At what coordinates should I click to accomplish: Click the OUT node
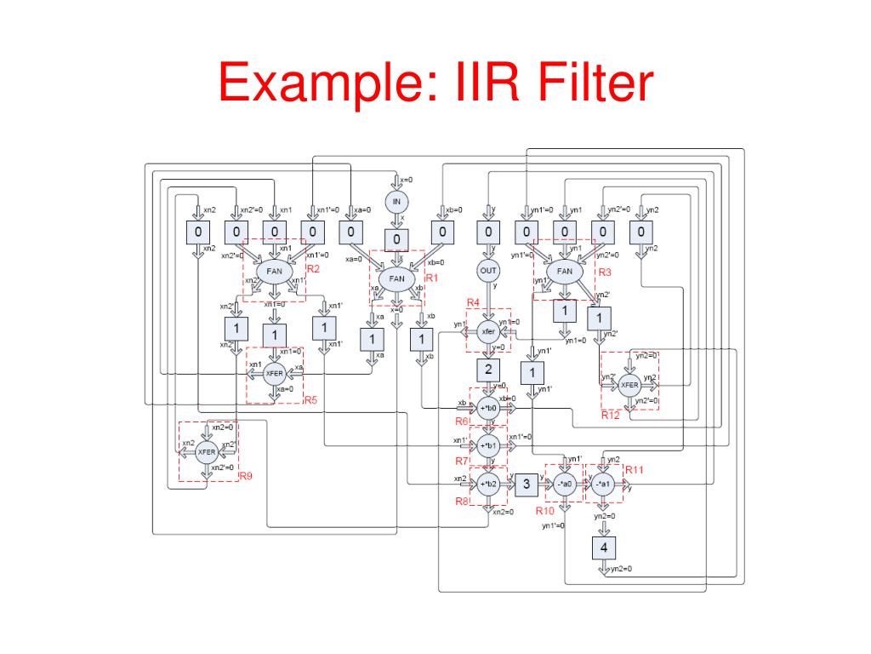(488, 271)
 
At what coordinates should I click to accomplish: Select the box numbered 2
(488, 370)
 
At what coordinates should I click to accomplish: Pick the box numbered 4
(604, 546)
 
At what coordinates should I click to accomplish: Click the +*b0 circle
(488, 408)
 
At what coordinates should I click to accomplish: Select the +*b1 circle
(488, 445)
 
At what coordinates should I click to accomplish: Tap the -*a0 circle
(565, 485)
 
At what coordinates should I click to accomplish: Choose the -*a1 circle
(604, 485)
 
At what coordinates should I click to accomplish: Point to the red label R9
(246, 476)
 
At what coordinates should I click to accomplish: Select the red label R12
(611, 415)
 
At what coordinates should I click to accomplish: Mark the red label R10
(544, 511)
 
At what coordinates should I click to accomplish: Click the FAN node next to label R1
(397, 278)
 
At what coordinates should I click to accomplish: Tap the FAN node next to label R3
(564, 272)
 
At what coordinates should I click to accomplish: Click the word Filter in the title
(587, 87)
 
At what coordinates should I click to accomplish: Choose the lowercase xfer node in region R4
(488, 332)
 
